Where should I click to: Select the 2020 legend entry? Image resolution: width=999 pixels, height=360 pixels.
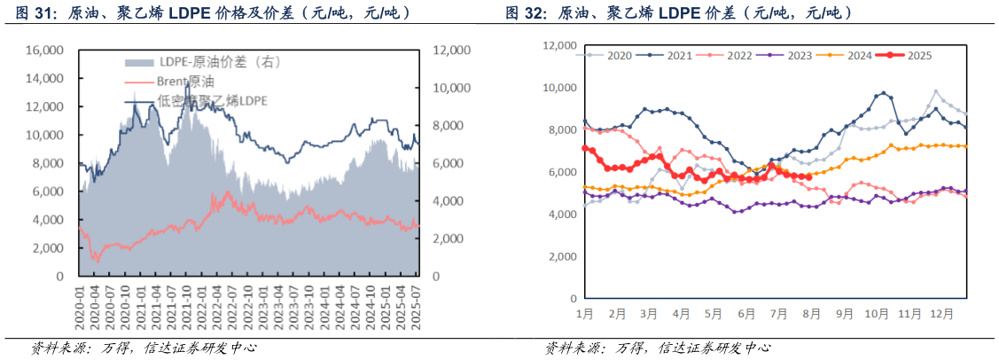tap(619, 55)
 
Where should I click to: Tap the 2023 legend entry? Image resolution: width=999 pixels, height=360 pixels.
tap(799, 55)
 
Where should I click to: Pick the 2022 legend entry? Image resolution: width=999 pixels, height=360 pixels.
tap(738, 55)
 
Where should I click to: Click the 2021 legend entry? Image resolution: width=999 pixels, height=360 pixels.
tap(679, 55)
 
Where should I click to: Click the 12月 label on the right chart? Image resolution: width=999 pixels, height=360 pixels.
tap(943, 314)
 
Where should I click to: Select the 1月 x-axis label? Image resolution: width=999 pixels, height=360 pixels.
tap(585, 314)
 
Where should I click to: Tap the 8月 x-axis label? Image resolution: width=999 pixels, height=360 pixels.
tap(812, 314)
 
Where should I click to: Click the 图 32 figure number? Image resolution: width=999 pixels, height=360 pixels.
tap(523, 12)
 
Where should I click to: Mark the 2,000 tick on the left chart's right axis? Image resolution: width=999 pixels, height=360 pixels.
tap(450, 239)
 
